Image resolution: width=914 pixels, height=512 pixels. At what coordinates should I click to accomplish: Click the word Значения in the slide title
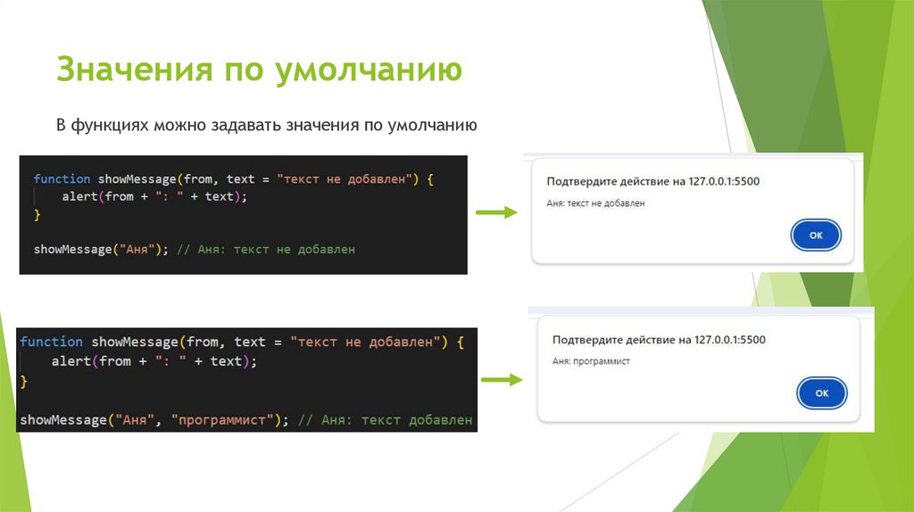[x=130, y=69]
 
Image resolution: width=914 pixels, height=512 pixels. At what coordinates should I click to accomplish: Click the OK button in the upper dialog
[x=815, y=235]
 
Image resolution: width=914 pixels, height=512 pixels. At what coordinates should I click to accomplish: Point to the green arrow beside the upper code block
[x=495, y=212]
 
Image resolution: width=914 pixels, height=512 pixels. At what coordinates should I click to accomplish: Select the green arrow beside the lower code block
[x=501, y=380]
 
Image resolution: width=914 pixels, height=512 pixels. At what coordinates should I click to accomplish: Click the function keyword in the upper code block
[x=62, y=179]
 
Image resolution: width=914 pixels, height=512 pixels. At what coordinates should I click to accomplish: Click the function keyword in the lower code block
[x=51, y=342]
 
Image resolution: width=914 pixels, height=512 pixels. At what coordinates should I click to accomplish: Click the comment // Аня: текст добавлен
[x=385, y=419]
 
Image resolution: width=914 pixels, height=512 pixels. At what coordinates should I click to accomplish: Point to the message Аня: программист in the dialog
[x=591, y=361]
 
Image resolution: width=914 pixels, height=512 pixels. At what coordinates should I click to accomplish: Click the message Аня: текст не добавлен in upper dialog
[x=595, y=203]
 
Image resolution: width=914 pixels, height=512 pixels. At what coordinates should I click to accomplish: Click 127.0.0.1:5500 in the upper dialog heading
[x=724, y=182]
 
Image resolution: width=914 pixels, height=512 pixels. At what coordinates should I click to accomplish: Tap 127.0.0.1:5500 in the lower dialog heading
[x=729, y=340]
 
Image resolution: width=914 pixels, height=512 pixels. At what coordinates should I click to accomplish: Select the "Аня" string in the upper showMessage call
[x=137, y=250]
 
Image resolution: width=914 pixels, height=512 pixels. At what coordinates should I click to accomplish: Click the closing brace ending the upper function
[x=37, y=214]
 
